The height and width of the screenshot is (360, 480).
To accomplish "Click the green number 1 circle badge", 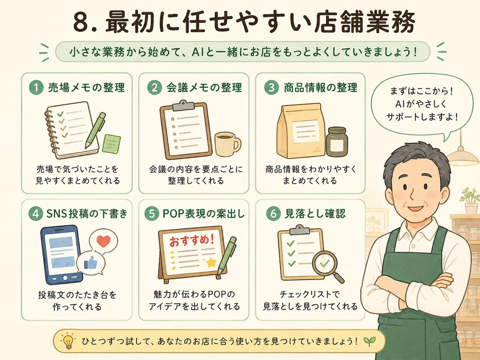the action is (x=36, y=88).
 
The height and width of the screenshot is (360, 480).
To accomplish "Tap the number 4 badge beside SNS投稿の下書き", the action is (x=36, y=214).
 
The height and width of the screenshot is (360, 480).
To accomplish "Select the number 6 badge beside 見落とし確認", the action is (x=273, y=214).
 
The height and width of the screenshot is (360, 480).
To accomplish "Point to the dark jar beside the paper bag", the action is (x=337, y=142).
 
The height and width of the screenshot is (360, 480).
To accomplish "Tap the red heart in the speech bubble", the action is (x=104, y=241).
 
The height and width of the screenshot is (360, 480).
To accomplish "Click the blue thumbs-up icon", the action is (x=90, y=263).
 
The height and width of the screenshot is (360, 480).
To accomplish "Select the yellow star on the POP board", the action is (x=211, y=262).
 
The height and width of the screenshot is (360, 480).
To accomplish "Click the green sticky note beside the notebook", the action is (x=111, y=144).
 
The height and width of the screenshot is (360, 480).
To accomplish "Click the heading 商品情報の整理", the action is (x=320, y=88).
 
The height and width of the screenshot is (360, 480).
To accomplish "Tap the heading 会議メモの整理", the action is (x=204, y=88).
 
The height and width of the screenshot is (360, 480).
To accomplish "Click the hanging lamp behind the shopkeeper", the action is (x=462, y=156).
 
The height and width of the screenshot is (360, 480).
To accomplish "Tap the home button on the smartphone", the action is (x=65, y=278).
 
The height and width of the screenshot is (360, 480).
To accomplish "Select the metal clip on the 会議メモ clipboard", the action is (x=183, y=105).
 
